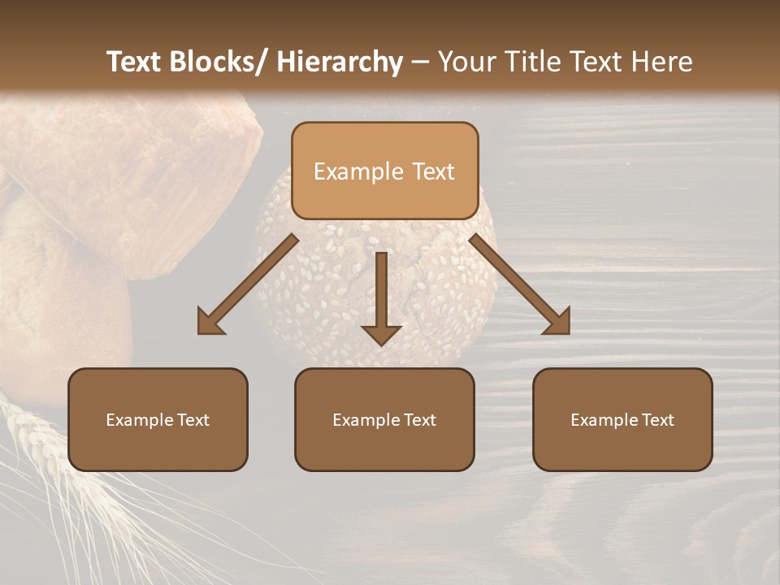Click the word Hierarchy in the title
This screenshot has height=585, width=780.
pyautogui.click(x=340, y=62)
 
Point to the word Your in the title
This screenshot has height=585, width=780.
pyautogui.click(x=466, y=62)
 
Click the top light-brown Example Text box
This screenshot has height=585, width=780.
pyautogui.click(x=384, y=171)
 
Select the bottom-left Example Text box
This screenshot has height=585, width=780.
pyautogui.click(x=158, y=419)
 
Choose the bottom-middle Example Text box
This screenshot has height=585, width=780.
pyautogui.click(x=384, y=419)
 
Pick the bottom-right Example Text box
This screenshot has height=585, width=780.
pyautogui.click(x=622, y=419)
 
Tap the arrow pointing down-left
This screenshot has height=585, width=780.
pyautogui.click(x=248, y=284)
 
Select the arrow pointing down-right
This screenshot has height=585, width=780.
pyautogui.click(x=520, y=284)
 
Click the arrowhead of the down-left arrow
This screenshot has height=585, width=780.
pyautogui.click(x=209, y=323)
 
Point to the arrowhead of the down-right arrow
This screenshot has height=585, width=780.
pyautogui.click(x=558, y=323)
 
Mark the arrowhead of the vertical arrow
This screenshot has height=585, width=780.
pyautogui.click(x=381, y=334)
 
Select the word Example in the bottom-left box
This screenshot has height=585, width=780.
pyautogui.click(x=139, y=420)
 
